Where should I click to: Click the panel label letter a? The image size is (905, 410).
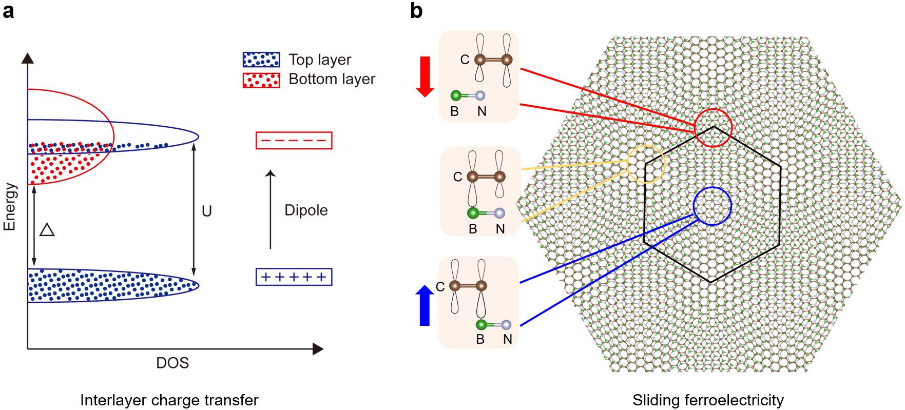click(9, 11)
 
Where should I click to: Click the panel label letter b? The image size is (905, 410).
click(416, 11)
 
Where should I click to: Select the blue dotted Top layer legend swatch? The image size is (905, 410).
click(261, 60)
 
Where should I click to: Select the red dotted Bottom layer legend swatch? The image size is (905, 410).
click(261, 80)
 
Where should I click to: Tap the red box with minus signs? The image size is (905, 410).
click(294, 140)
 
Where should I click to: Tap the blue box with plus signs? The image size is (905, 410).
click(294, 277)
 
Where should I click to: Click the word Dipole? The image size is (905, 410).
click(306, 210)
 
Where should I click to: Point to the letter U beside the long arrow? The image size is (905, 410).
click(207, 211)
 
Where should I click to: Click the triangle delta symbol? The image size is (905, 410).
click(47, 229)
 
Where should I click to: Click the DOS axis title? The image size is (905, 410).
click(172, 363)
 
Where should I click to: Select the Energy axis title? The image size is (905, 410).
click(10, 207)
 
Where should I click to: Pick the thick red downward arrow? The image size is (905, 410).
click(425, 76)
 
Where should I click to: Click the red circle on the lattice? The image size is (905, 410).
click(713, 128)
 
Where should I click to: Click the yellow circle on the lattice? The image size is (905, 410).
click(646, 164)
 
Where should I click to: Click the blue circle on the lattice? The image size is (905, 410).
click(712, 206)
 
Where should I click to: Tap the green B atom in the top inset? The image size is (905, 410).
click(455, 95)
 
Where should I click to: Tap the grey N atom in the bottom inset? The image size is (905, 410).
click(506, 324)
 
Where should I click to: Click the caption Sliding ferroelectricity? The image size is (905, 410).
click(708, 400)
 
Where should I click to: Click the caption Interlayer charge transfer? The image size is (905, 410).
click(169, 400)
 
